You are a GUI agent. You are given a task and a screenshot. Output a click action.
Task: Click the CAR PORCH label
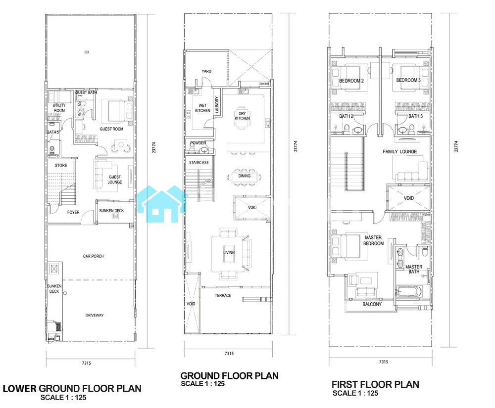click(x=93, y=256)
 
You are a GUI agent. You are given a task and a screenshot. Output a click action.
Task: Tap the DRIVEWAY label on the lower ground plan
click(x=95, y=315)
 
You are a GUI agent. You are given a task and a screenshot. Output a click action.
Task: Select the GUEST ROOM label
click(x=111, y=129)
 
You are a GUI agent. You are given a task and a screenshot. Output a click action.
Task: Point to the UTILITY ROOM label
click(x=59, y=107)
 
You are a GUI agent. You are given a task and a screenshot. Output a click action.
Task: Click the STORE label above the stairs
click(x=61, y=165)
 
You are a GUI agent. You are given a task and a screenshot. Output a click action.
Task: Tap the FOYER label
click(x=73, y=212)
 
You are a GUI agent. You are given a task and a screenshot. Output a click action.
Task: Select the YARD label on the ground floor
click(x=206, y=71)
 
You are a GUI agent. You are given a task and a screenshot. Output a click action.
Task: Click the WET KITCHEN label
click(x=202, y=108)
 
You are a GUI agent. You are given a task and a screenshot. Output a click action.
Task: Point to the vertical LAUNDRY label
click(x=217, y=105)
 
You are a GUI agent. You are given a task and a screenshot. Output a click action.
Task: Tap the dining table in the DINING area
click(x=244, y=176)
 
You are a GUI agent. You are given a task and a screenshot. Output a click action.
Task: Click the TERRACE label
click(x=223, y=295)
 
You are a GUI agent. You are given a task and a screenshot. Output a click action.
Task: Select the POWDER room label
click(x=198, y=143)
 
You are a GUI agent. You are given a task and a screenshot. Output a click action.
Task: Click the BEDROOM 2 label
click(x=351, y=81)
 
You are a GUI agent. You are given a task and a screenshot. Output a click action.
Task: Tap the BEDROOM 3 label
click(x=408, y=80)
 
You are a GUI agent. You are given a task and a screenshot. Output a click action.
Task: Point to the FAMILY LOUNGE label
click(x=399, y=152)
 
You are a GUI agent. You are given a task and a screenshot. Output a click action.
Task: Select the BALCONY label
click(x=372, y=304)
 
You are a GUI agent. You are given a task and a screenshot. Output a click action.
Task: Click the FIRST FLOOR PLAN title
click(x=375, y=384)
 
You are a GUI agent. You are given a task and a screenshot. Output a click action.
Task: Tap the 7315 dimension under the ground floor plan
click(x=229, y=354)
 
